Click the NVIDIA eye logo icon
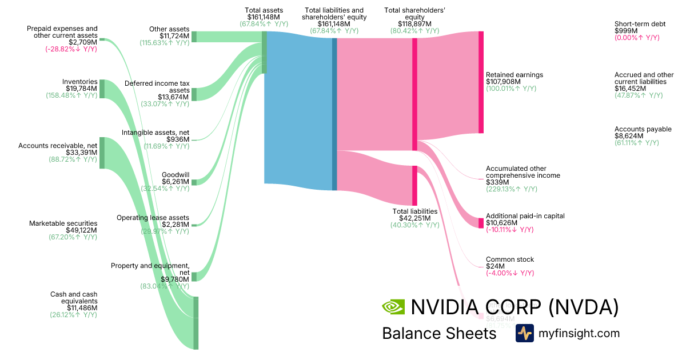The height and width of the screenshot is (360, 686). (393, 307)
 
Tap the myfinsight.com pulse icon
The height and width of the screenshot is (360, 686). (524, 333)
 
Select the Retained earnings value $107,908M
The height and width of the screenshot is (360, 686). (503, 82)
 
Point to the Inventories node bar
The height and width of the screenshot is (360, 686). (102, 89)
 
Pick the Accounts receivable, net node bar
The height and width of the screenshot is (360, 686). (102, 153)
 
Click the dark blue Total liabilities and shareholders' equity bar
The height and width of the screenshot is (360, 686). (334, 114)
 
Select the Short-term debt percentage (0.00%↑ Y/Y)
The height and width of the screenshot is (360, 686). (637, 37)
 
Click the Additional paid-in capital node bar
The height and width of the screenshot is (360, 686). (481, 223)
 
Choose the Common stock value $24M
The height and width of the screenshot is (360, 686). (495, 266)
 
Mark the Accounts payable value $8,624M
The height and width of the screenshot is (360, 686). (629, 136)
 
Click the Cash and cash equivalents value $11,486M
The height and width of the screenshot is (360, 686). (82, 307)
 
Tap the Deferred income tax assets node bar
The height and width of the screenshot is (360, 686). (194, 94)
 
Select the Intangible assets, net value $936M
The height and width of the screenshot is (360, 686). (178, 139)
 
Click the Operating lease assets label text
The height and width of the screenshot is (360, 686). (153, 218)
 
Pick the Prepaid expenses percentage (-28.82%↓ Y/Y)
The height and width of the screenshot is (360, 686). (71, 49)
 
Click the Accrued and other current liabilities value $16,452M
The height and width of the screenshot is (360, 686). (631, 89)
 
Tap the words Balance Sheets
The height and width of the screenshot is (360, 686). (439, 333)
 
